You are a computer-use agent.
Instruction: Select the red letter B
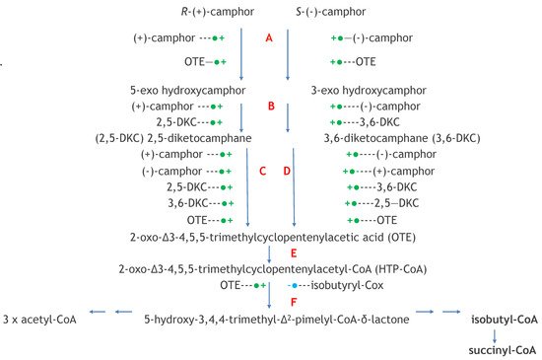(269, 105)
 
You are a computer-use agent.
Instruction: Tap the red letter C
(262, 171)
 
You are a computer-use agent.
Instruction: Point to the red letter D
(287, 171)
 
